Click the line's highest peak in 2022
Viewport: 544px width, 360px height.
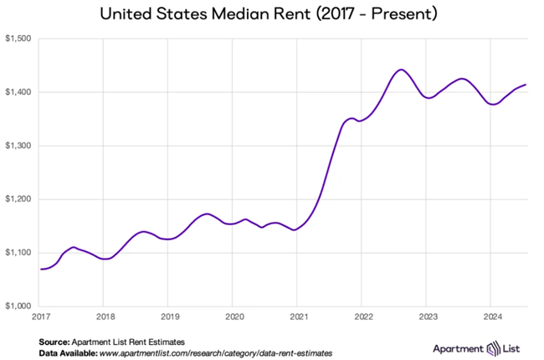[401, 69]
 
